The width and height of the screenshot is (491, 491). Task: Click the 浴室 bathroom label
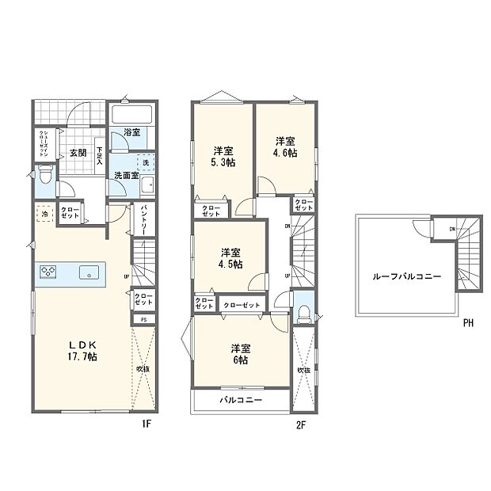tap(131, 132)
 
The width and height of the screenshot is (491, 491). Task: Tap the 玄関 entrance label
tap(77, 153)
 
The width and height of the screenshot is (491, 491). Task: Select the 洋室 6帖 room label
tap(239, 354)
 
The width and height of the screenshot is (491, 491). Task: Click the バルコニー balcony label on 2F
tap(240, 402)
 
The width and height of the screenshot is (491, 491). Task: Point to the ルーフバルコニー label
tap(407, 276)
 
